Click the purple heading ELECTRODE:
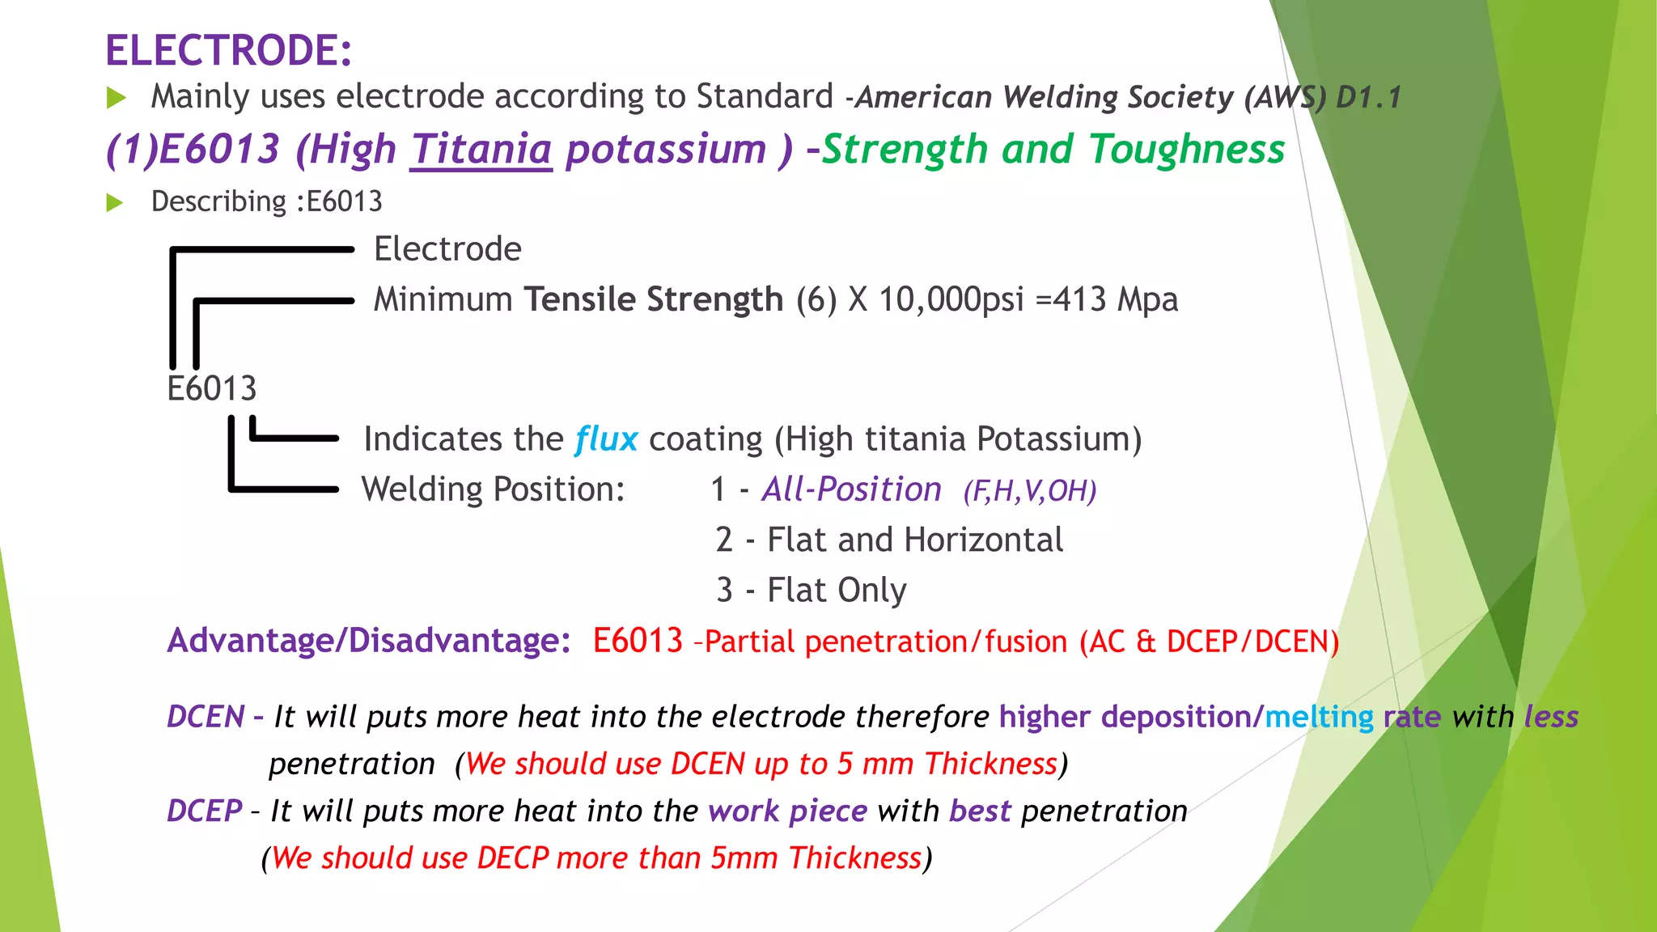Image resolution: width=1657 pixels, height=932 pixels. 229,50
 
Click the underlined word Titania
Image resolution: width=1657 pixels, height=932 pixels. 481,150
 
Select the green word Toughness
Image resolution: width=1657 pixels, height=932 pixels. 1187,150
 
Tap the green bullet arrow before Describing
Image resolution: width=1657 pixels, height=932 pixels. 115,202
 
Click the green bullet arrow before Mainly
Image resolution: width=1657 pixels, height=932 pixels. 117,99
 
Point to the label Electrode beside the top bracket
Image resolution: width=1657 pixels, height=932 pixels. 447,249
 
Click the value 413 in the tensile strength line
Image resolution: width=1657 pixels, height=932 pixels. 1079,300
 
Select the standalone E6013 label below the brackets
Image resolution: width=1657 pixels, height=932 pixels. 212,389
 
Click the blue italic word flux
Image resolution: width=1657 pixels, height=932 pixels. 606,439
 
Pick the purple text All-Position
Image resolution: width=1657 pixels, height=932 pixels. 851,489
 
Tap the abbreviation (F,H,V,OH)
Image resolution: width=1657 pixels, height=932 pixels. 1029,491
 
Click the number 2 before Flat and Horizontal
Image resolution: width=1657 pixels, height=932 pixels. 724,540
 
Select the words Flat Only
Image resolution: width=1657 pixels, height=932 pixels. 837,591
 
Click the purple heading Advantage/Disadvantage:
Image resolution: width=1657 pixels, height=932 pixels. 369,641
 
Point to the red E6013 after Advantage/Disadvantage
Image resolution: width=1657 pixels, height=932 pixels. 638,641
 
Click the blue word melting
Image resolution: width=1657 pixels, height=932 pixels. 1319,717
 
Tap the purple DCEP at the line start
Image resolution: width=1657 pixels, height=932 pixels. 205,811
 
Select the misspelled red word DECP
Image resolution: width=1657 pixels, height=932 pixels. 513,858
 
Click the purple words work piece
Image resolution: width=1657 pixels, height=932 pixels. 787,811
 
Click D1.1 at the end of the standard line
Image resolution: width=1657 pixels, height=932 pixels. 1368,98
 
